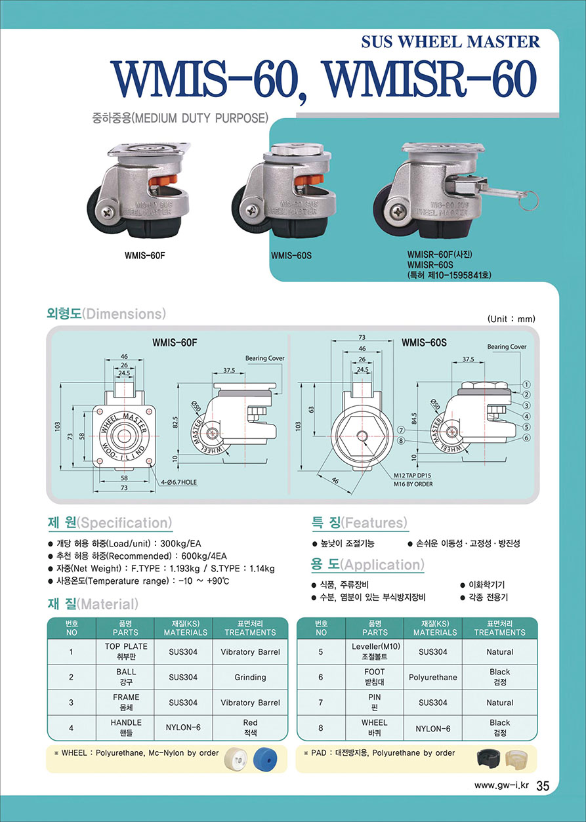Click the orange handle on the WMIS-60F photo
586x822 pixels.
point(164,180)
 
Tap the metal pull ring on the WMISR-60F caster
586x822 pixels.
point(530,199)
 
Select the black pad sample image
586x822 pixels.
point(490,758)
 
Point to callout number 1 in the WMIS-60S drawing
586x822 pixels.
point(526,384)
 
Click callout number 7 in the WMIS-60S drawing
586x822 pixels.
point(402,430)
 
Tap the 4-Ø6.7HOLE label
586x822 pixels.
point(178,482)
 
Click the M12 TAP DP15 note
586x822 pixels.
point(412,475)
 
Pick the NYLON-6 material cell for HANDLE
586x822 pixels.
point(183,727)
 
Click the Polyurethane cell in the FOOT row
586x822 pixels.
point(433,676)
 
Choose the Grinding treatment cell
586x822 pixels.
point(250,676)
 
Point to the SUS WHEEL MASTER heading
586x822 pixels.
point(451,42)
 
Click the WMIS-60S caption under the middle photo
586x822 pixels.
point(291,255)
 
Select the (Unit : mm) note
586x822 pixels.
point(511,319)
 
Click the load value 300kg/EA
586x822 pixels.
point(180,543)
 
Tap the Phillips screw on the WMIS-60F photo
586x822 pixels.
point(108,211)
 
